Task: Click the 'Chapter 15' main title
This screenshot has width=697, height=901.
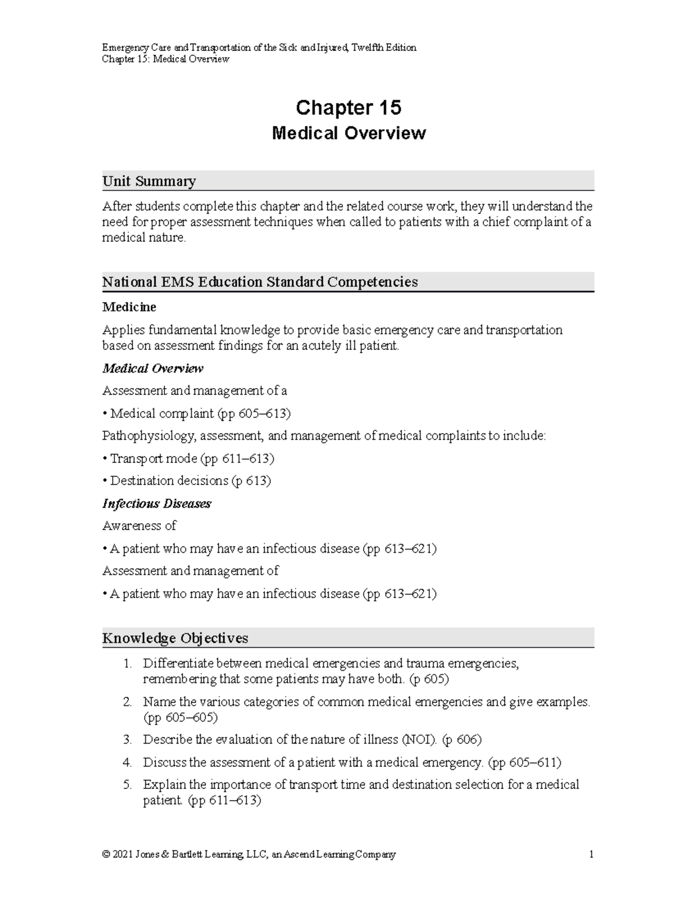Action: coord(348,107)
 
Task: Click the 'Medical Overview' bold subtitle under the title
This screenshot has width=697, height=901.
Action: coord(348,133)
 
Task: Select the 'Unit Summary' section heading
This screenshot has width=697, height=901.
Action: coord(149,181)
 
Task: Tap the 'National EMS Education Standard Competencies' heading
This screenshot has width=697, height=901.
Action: coord(260,282)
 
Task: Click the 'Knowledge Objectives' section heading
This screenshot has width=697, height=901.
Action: coord(175,638)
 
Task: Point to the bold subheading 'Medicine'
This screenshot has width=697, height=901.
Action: coord(129,307)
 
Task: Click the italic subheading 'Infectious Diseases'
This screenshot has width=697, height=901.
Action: coord(156,504)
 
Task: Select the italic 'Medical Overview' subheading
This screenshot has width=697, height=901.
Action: coord(152,368)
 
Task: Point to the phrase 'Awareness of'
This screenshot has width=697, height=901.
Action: coord(139,526)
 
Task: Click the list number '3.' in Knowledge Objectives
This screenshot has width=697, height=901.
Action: coord(128,740)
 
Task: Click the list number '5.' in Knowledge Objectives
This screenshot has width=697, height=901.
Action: coord(128,785)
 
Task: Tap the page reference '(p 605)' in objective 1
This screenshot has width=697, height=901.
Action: coord(429,679)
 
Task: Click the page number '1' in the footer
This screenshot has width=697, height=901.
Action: coord(591,855)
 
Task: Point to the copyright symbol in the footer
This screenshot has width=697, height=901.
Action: coord(106,855)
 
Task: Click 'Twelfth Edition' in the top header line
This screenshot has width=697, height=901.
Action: coord(385,48)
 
